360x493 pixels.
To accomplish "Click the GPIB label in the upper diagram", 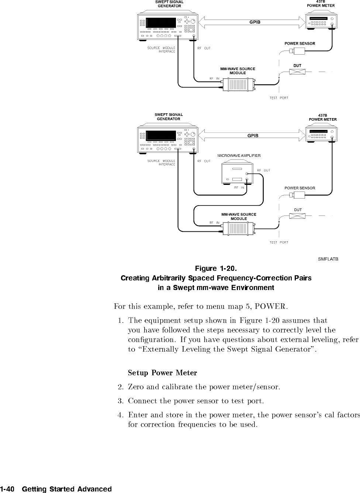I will point(255,22).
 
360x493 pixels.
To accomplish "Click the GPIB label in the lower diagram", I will point(253,135).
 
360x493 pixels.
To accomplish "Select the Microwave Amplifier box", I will point(236,173).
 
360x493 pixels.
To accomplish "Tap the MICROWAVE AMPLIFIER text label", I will point(239,156).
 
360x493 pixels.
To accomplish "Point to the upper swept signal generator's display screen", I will point(161,23).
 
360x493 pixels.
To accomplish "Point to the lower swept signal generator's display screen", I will point(161,136).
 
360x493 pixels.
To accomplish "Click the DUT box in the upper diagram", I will point(297,72).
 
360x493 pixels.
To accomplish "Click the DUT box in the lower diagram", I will point(297,216).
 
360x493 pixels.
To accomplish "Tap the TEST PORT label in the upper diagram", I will point(279,98).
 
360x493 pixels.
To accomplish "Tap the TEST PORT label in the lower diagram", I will point(279,242).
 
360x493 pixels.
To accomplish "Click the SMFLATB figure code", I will point(328,259).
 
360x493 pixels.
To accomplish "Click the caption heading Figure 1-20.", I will point(216,268).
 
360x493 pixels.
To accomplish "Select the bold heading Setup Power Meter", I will point(162,373).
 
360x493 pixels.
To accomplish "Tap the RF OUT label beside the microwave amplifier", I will point(263,170).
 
